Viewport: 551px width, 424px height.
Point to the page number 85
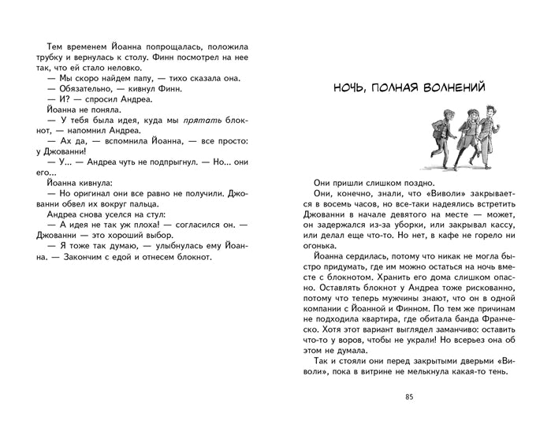[x=408, y=396]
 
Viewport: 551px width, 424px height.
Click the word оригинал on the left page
[x=93, y=193]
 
